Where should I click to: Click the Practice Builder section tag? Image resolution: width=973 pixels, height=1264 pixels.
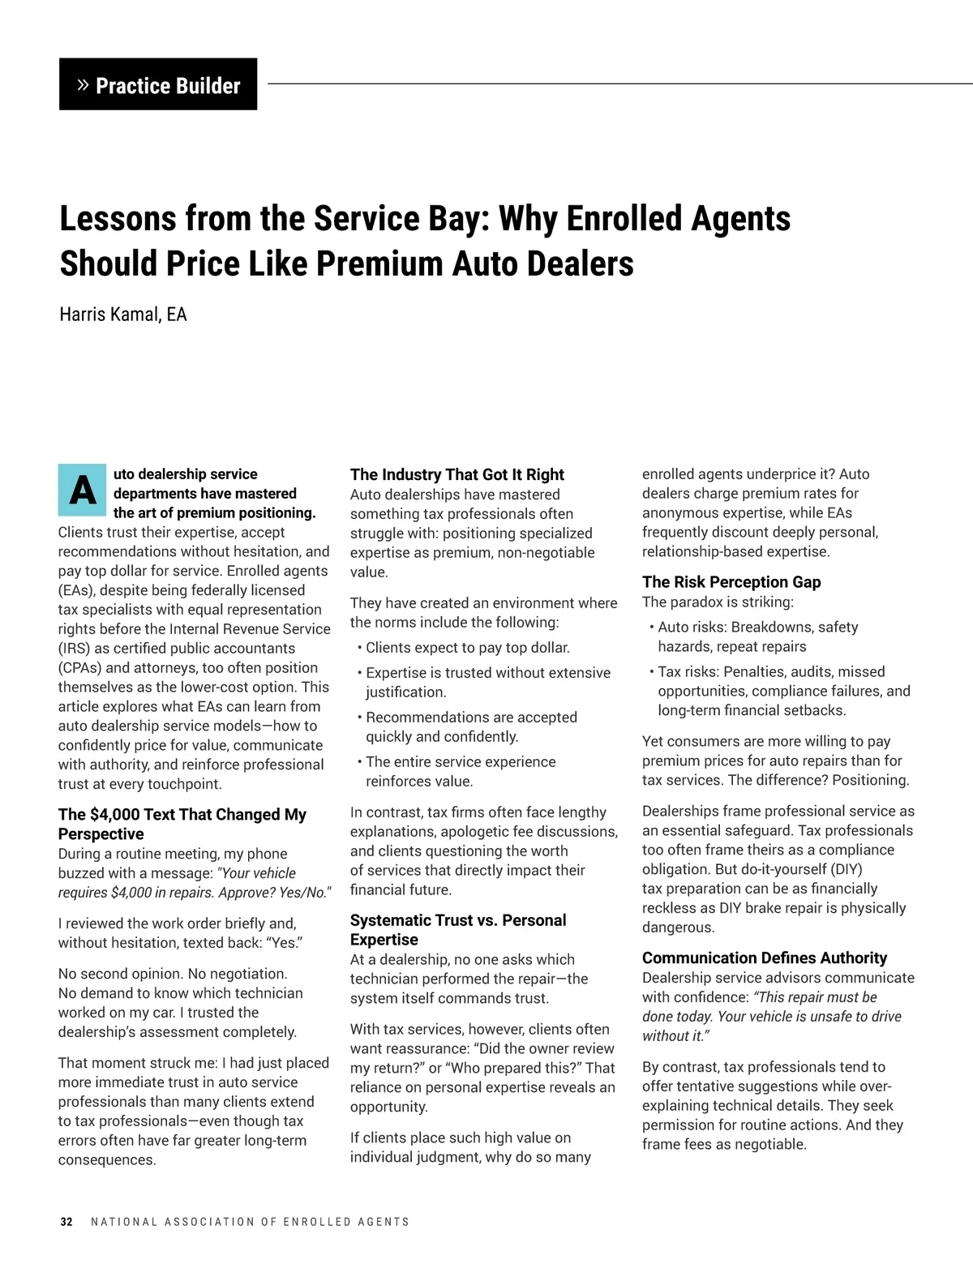tap(158, 84)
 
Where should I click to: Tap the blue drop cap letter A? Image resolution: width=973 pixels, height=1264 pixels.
tap(82, 490)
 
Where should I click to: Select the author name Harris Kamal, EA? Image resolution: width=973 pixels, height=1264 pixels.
tap(123, 315)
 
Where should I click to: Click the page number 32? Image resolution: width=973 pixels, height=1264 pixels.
tap(66, 1222)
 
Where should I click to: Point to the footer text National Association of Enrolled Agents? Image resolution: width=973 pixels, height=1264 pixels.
tap(250, 1222)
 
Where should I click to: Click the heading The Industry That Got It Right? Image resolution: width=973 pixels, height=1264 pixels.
tap(456, 474)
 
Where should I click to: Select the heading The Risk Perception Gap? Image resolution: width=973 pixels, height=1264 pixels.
tap(731, 581)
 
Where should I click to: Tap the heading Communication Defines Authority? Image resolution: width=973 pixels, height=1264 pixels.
tap(764, 958)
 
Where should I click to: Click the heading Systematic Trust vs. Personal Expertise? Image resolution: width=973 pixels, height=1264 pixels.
tap(457, 930)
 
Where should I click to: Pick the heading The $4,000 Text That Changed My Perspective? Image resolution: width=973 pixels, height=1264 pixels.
tap(182, 824)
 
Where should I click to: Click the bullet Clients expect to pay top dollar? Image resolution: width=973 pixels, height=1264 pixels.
tap(467, 648)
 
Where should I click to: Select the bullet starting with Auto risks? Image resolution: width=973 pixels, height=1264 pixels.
tap(757, 636)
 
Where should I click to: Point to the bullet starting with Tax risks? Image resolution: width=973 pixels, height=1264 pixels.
tap(783, 691)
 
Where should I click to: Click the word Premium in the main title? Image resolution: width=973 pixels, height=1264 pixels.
tap(379, 264)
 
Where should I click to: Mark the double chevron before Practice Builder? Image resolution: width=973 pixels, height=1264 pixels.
tap(82, 84)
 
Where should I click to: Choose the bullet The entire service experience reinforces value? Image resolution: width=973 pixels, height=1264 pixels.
tap(460, 771)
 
